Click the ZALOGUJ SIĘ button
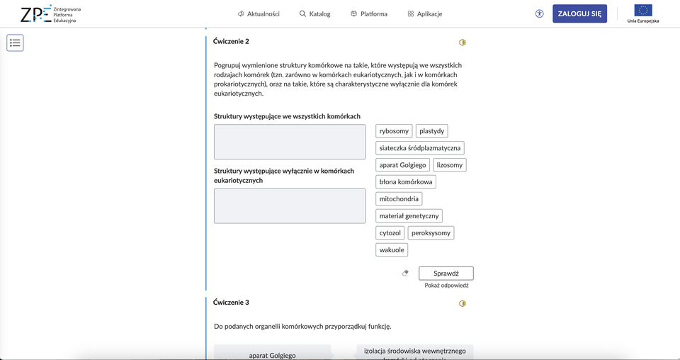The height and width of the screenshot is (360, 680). (x=579, y=13)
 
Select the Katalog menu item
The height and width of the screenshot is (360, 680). (x=314, y=14)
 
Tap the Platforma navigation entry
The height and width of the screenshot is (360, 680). (x=368, y=14)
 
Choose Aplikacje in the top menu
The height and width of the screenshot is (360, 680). (x=425, y=14)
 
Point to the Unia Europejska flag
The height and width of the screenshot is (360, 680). (x=643, y=11)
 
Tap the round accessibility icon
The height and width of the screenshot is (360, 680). (x=540, y=13)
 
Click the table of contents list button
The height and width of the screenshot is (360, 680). (x=16, y=43)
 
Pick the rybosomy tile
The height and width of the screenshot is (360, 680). (x=394, y=131)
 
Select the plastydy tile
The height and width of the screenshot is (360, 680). (x=431, y=131)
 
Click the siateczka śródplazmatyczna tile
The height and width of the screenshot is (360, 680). (x=420, y=148)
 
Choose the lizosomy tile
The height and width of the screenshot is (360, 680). (x=450, y=165)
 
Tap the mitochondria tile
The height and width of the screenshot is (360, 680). (x=399, y=199)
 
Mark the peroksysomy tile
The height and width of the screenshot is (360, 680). (x=431, y=232)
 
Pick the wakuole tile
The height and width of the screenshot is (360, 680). (x=392, y=249)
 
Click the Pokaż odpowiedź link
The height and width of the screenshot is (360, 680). (x=446, y=286)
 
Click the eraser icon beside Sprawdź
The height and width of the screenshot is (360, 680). (x=405, y=273)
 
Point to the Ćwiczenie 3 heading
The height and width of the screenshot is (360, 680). (x=231, y=303)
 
